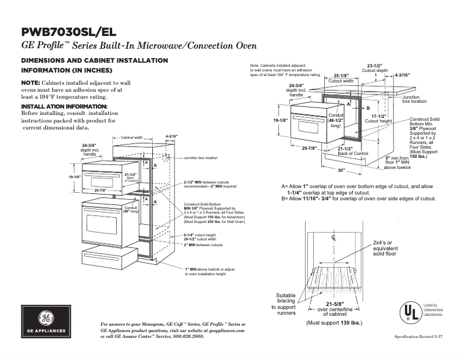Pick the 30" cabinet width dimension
tap(341, 170)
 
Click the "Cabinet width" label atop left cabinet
tap(131, 138)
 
